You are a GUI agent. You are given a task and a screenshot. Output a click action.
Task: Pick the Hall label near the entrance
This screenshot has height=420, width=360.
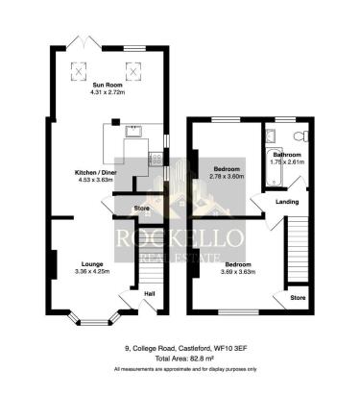pyautogui.click(x=149, y=293)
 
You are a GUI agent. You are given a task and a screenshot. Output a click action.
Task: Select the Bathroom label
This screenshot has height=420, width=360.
pyautogui.click(x=287, y=155)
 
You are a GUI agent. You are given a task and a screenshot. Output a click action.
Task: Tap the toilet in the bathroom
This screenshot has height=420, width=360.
pyautogui.click(x=299, y=136)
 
